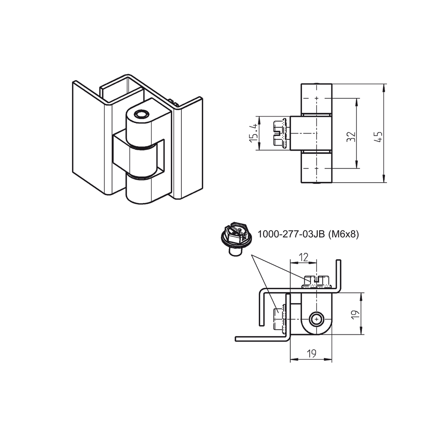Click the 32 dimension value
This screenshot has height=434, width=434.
click(x=351, y=136)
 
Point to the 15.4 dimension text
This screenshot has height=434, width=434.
click(x=253, y=132)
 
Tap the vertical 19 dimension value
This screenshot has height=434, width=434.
click(x=355, y=314)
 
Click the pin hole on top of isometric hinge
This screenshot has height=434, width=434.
click(x=140, y=114)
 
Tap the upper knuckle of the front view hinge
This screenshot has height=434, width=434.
click(x=316, y=99)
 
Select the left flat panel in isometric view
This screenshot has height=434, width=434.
click(x=88, y=136)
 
